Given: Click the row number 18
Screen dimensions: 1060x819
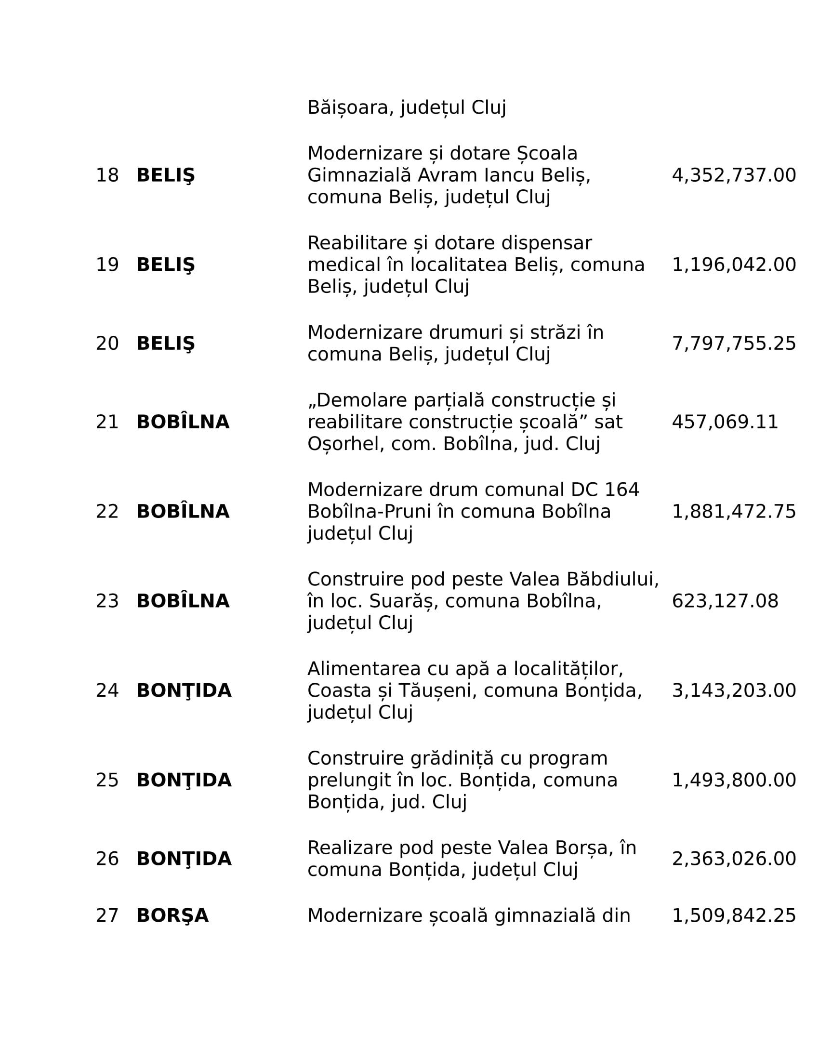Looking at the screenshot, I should (x=107, y=175).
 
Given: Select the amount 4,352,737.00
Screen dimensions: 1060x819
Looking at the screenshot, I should (x=734, y=175).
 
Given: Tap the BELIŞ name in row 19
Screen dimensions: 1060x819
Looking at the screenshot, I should (x=165, y=265).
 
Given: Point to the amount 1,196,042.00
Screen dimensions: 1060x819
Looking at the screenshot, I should (x=734, y=265).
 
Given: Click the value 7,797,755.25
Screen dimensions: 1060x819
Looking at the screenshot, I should (x=734, y=344).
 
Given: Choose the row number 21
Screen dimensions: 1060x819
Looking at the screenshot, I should (x=107, y=422).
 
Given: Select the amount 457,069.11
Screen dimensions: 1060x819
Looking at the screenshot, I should (x=725, y=422).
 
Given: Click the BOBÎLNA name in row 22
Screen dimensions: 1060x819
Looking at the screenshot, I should (x=183, y=512).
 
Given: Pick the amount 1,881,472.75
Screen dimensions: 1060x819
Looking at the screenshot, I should (x=734, y=512).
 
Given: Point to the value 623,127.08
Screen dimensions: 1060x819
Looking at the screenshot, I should (x=725, y=601).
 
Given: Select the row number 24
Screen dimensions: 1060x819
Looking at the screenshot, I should (x=107, y=690).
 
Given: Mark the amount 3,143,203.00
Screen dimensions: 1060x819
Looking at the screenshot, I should (x=734, y=690).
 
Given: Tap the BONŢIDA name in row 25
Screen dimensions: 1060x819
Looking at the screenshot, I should (x=184, y=781).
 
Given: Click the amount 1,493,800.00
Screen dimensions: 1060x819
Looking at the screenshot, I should (x=734, y=781).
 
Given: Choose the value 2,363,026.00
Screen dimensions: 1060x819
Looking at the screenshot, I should (x=734, y=859).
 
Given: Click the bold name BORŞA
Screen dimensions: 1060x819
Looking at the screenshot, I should (x=172, y=916).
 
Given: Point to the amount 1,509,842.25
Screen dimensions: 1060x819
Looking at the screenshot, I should (x=734, y=916).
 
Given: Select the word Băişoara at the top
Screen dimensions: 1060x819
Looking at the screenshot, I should (x=347, y=108).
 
